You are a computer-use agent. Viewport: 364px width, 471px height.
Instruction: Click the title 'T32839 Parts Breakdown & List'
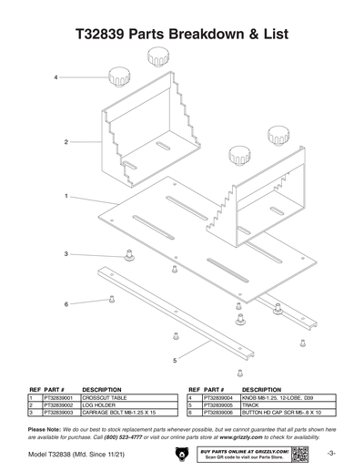point(182,35)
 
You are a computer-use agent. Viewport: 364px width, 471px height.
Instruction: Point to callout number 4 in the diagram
point(57,78)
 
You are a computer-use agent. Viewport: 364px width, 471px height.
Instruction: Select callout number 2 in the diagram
point(67,142)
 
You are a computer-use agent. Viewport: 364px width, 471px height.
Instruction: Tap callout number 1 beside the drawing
point(67,196)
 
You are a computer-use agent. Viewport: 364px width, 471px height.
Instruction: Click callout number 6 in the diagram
point(66,303)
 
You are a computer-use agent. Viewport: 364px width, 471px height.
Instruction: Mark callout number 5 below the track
point(174,361)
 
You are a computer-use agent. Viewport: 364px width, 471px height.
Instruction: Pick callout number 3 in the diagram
point(66,253)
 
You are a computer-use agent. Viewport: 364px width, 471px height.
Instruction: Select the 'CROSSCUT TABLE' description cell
point(104,398)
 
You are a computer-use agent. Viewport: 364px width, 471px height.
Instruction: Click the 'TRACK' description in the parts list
point(251,405)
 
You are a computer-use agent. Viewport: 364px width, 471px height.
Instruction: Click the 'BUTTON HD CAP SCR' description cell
point(283,413)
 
